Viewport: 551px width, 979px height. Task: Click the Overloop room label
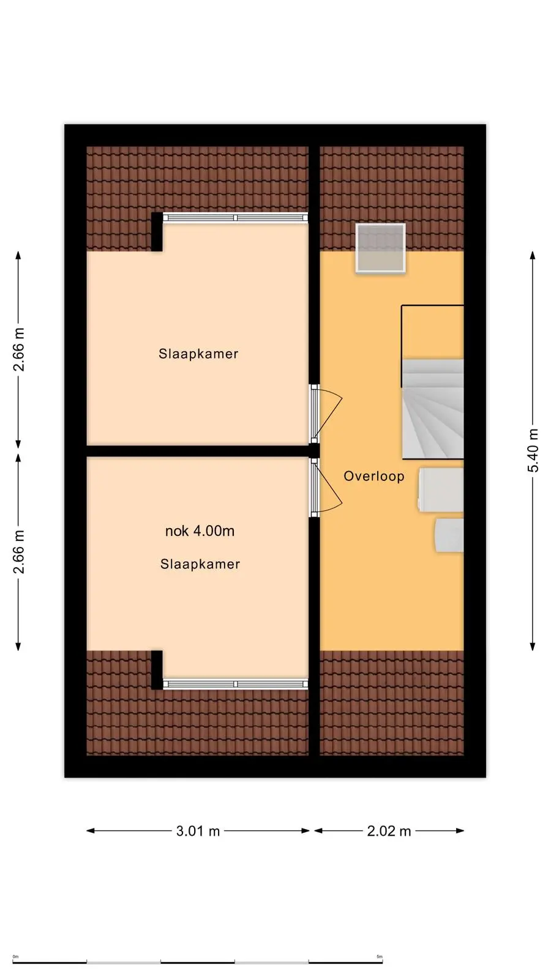click(x=374, y=476)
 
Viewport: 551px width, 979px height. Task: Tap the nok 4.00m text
click(x=200, y=531)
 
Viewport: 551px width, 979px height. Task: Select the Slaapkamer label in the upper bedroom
click(x=198, y=354)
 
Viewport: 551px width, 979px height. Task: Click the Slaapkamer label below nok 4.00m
click(x=200, y=564)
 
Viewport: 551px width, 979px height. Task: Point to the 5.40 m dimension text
click(x=533, y=450)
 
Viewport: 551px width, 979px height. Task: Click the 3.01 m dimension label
click(x=198, y=831)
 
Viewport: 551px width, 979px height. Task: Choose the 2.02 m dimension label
click(x=389, y=831)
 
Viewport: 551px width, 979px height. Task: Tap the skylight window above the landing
click(x=380, y=248)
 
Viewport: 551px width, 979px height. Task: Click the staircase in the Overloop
click(x=433, y=409)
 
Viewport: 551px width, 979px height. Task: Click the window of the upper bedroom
click(x=235, y=218)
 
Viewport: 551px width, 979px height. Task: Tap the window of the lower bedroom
click(x=235, y=684)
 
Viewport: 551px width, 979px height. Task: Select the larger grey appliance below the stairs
click(x=441, y=489)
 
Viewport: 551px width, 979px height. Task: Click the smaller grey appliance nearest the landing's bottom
click(x=449, y=535)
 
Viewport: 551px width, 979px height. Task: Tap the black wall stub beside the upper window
click(x=157, y=232)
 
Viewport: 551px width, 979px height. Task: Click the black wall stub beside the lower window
click(x=157, y=670)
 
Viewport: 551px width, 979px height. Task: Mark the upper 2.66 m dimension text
click(x=19, y=349)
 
